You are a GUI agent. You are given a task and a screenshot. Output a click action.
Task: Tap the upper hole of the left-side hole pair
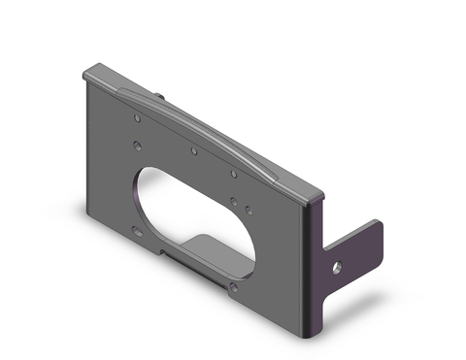tap(137, 118)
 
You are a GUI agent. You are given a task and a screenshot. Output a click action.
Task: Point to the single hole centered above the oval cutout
tap(194, 151)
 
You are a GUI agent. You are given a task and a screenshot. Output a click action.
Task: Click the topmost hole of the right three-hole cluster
tap(234, 175)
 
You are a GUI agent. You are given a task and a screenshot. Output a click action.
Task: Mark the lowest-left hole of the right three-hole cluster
tap(234, 201)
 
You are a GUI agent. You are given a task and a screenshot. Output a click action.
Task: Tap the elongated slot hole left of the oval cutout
tap(135, 231)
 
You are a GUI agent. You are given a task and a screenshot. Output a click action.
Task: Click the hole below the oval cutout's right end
tap(234, 287)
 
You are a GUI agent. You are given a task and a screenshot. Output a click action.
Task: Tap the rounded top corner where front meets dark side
tap(313, 196)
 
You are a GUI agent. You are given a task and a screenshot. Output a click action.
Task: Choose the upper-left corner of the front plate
tap(88, 72)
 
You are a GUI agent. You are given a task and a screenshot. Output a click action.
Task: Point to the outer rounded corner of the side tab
tap(379, 226)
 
